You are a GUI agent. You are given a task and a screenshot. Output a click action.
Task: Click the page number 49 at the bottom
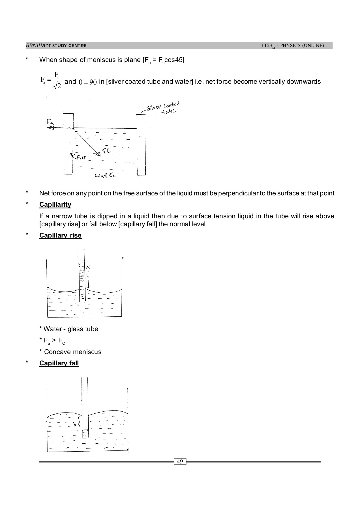[x=180, y=462]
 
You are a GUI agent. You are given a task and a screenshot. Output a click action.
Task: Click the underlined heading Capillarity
[x=55, y=204]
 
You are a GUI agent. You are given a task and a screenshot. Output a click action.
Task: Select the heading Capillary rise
[x=60, y=235]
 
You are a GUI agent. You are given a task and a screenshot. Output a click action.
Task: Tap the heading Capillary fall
[x=59, y=363]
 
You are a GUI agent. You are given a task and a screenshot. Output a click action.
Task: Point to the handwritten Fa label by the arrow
[x=50, y=122]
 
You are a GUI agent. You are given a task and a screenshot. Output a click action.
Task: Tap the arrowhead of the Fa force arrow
[x=50, y=128]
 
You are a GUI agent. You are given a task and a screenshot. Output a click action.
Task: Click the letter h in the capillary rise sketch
[x=88, y=276]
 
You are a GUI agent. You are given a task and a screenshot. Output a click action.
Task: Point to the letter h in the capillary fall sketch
[x=75, y=424]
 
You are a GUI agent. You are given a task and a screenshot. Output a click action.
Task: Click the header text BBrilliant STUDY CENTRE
[x=56, y=46]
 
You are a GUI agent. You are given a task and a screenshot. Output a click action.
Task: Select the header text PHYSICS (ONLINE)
[x=302, y=46]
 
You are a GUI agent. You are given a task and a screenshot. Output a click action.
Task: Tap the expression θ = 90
[x=87, y=82]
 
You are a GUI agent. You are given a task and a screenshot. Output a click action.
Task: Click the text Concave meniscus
[x=70, y=352]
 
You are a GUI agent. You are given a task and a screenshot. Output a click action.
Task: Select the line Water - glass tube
[x=69, y=329]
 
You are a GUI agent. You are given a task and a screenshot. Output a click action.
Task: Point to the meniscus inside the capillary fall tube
[x=85, y=431]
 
